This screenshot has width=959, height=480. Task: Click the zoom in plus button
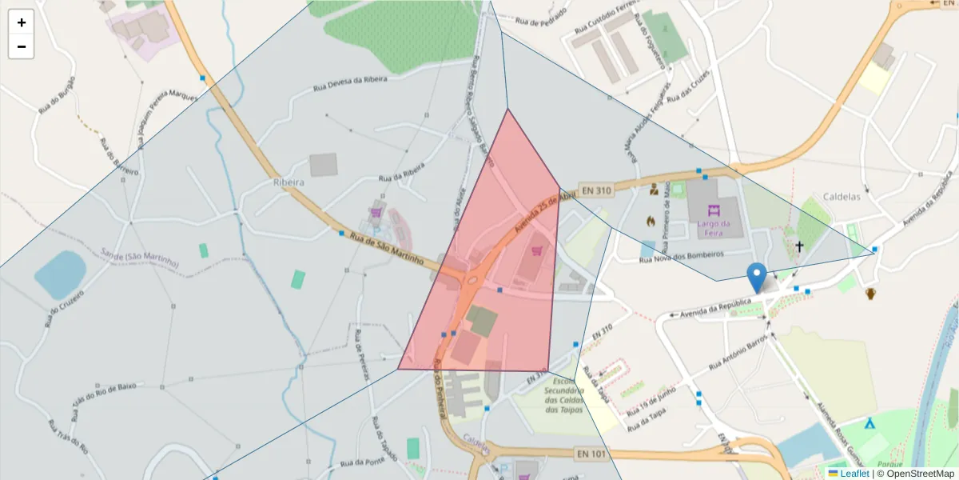coord(22,22)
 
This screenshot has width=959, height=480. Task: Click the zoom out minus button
coord(22,46)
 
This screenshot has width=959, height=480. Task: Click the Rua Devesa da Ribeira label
coord(350,79)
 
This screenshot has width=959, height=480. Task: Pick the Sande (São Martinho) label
coord(141,258)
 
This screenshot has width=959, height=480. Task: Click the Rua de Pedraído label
coord(541,17)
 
